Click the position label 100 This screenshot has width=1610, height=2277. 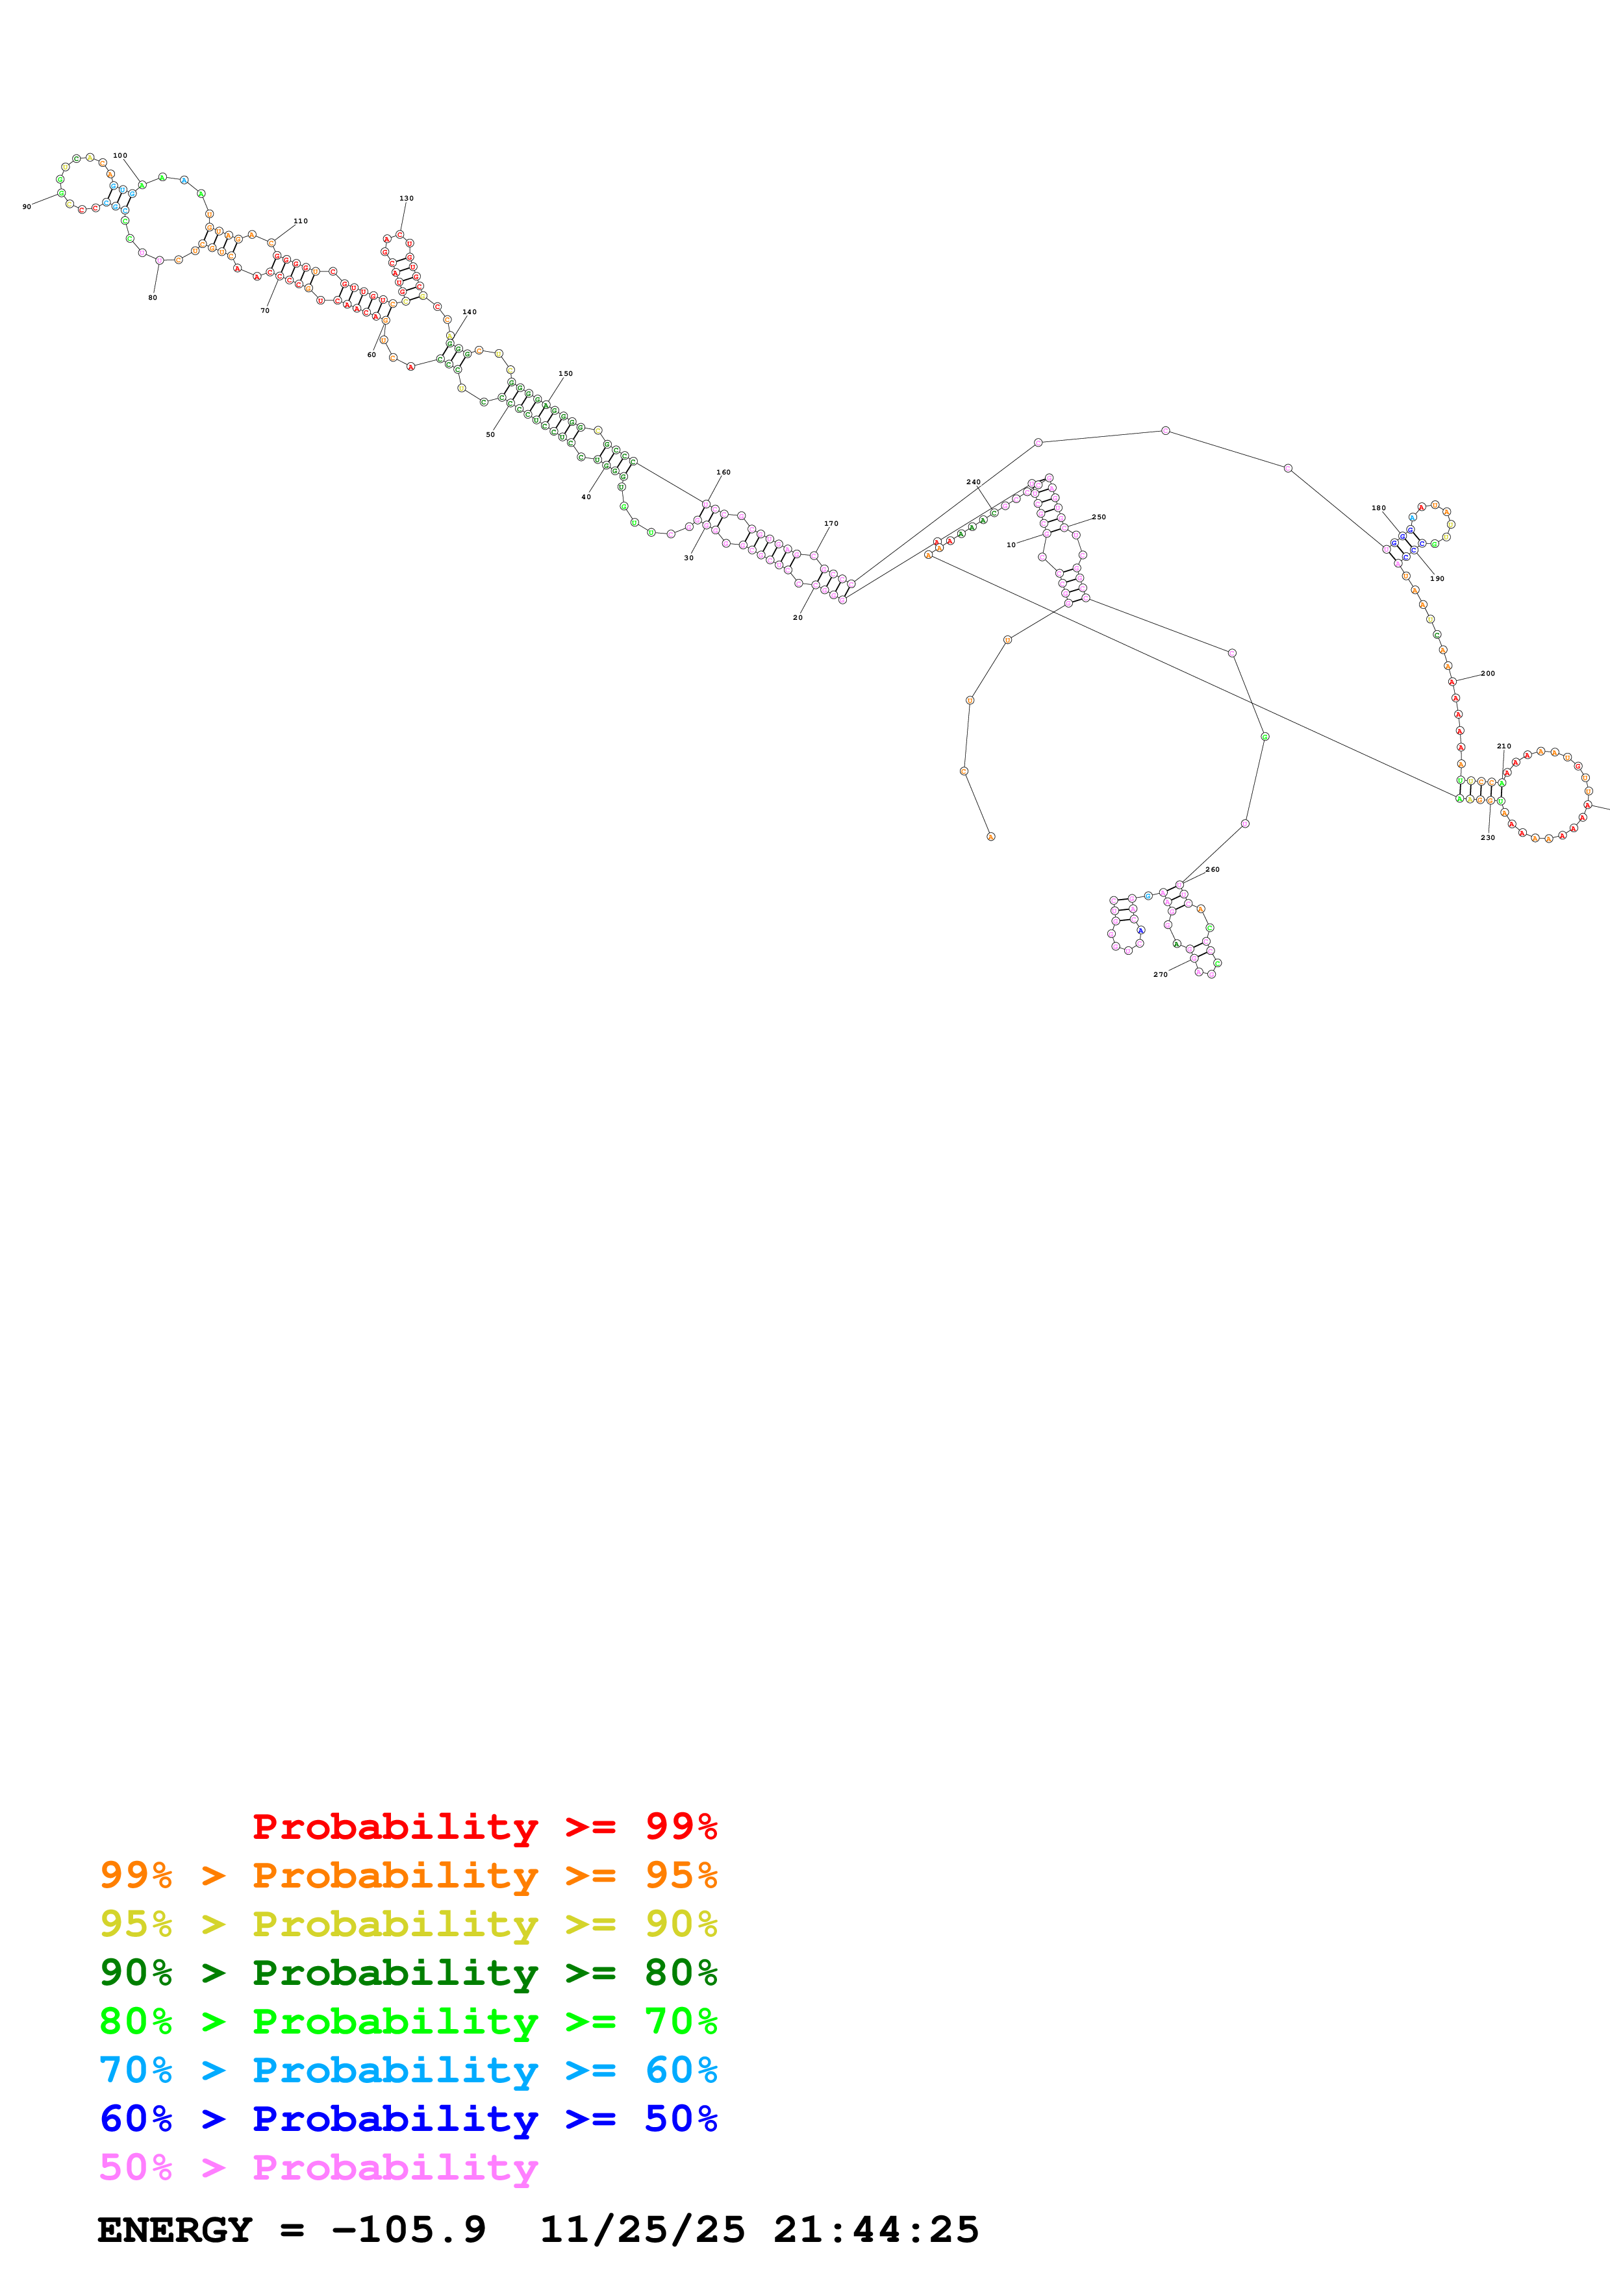point(120,156)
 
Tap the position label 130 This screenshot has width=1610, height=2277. point(406,199)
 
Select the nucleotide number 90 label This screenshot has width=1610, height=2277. point(27,206)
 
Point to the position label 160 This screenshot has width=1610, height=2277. point(723,472)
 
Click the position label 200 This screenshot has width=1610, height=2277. point(1487,673)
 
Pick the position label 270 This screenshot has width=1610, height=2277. point(1160,974)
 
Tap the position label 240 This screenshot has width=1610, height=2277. point(973,482)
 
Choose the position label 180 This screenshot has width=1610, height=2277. point(1378,508)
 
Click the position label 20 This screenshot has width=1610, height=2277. point(798,617)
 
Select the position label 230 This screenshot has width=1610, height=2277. point(1487,837)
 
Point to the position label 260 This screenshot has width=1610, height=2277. point(1213,868)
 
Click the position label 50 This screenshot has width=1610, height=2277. point(490,434)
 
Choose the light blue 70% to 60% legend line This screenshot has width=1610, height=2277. point(408,2070)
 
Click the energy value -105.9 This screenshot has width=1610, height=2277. point(409,2230)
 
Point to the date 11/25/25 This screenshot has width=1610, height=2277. point(642,2230)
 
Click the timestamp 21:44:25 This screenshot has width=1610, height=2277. point(876,2230)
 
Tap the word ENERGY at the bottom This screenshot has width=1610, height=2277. point(175,2230)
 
